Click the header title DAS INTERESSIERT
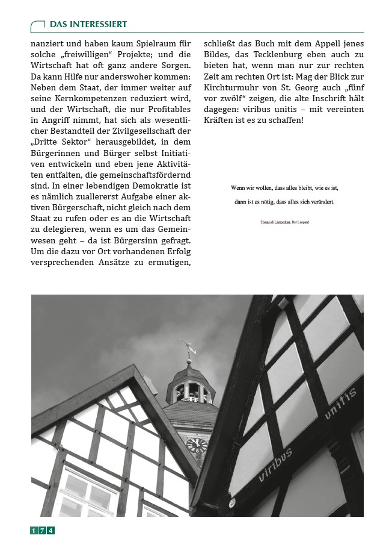(88, 24)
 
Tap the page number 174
(43, 530)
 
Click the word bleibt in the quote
(301, 188)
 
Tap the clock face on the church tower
(197, 445)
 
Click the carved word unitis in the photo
(341, 403)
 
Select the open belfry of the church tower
(190, 392)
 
